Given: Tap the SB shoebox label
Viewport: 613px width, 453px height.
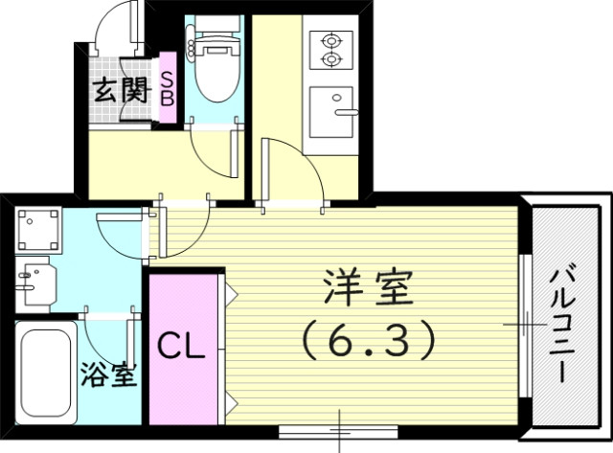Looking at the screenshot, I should pos(167,89).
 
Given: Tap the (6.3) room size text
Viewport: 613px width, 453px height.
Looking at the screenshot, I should pos(368,336).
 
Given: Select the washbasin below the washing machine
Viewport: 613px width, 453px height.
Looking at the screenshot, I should pos(35,282).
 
